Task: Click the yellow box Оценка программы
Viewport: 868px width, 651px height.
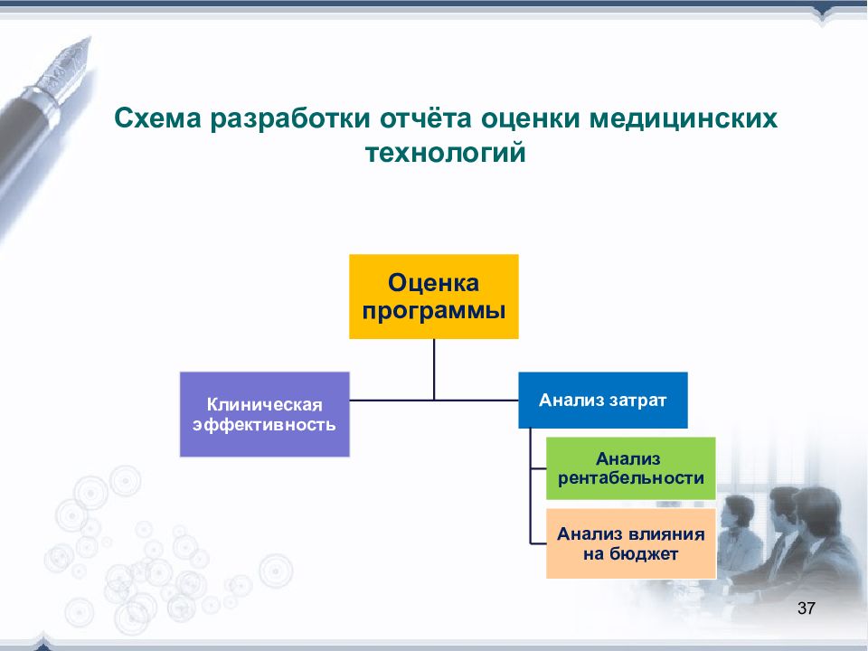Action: [x=433, y=297]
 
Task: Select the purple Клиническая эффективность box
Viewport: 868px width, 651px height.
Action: [x=265, y=414]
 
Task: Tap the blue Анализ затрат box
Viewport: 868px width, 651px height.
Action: [x=603, y=400]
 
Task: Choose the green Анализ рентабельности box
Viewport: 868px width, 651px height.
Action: [x=631, y=468]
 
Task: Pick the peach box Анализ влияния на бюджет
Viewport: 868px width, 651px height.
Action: [x=631, y=543]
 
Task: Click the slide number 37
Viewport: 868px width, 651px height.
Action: [x=806, y=608]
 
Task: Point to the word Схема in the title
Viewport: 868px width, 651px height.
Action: [x=157, y=118]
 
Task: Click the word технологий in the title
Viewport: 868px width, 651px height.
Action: [x=446, y=152]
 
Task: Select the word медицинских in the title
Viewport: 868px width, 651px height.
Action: [x=684, y=118]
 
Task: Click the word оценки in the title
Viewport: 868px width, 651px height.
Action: [x=531, y=119]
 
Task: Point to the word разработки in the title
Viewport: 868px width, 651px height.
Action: [x=290, y=119]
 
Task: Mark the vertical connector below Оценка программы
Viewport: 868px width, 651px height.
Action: [x=434, y=369]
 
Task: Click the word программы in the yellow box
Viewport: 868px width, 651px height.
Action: [x=433, y=311]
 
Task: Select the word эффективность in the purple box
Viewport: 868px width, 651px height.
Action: [x=264, y=425]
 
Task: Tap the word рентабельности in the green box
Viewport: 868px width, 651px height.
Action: [x=631, y=478]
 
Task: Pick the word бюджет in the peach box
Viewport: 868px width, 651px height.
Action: [x=645, y=553]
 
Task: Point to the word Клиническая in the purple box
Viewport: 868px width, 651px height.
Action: [x=265, y=405]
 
